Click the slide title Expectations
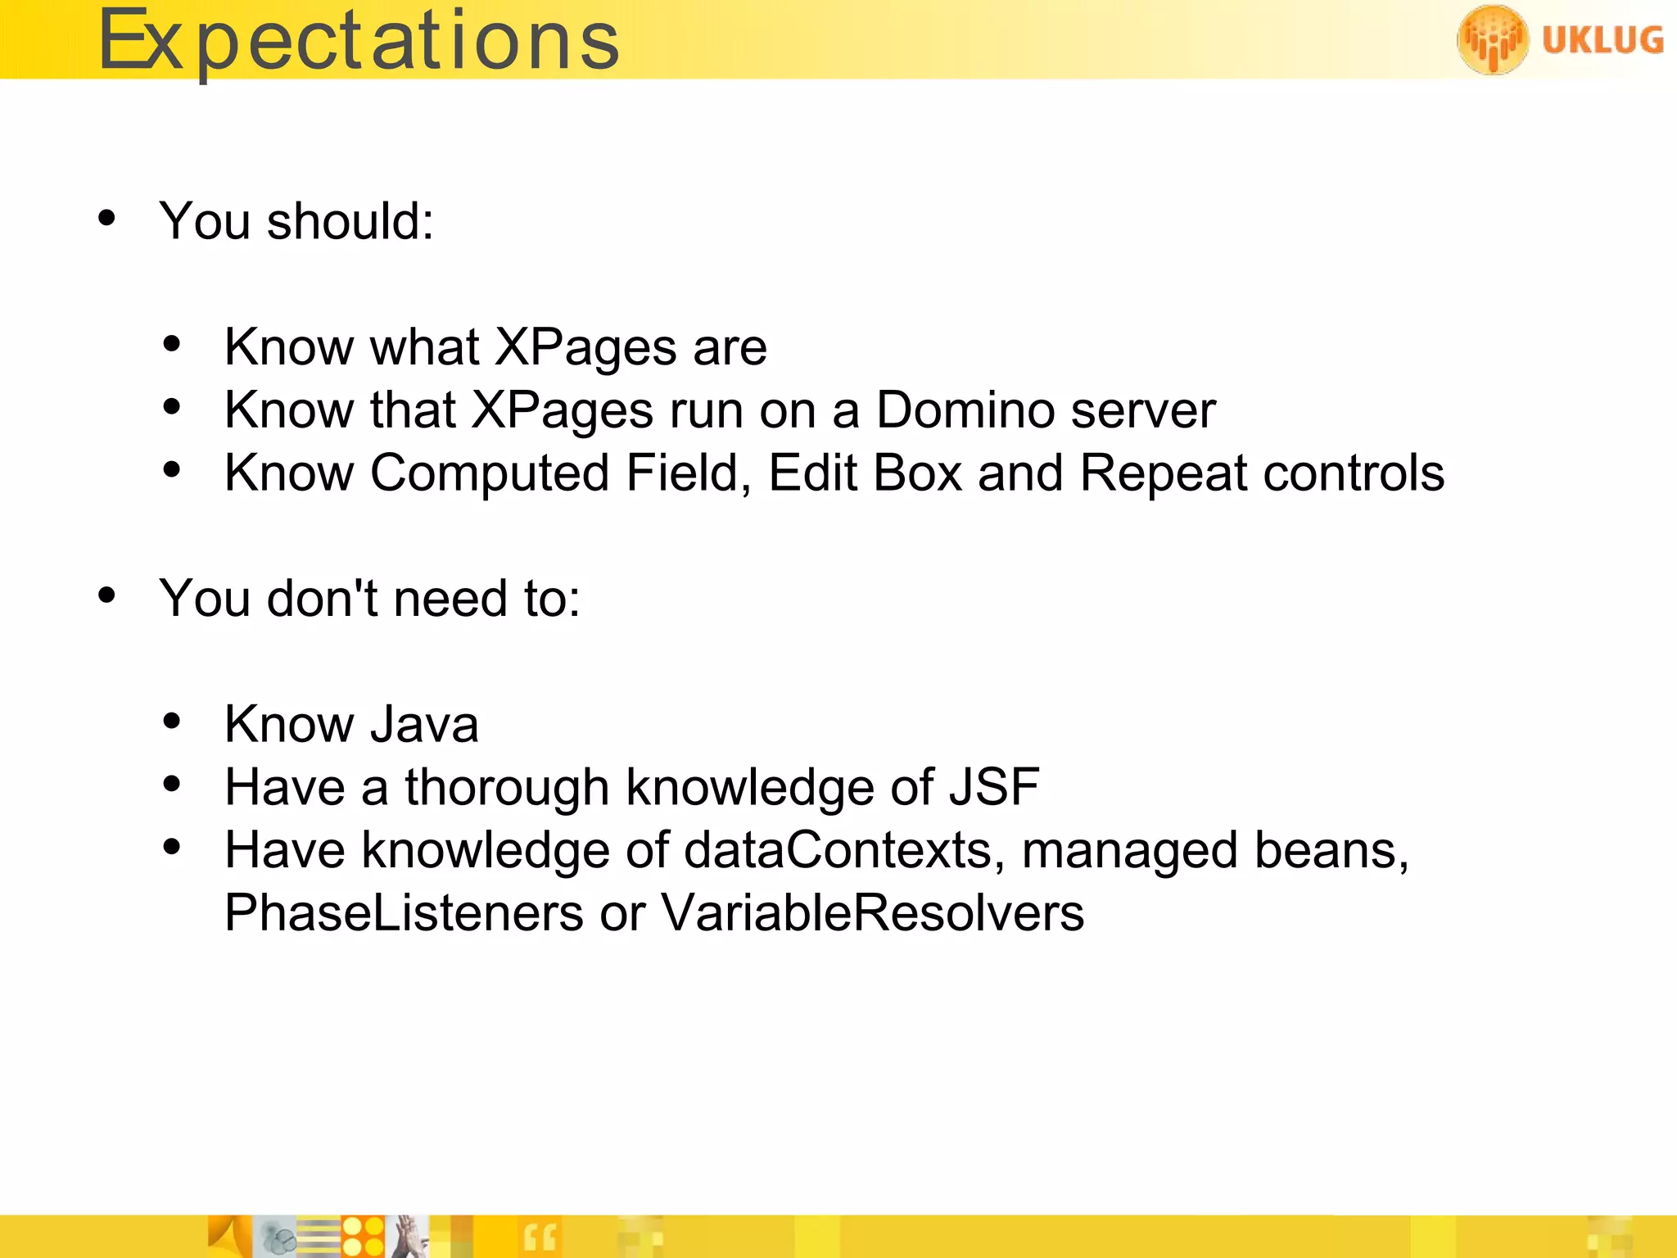click(x=358, y=41)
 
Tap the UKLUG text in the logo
click(x=1602, y=39)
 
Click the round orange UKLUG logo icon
click(x=1492, y=39)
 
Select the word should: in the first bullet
click(x=350, y=221)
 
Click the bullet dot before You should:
click(x=106, y=219)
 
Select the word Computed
click(x=490, y=474)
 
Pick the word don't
click(x=323, y=598)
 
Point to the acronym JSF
click(x=994, y=787)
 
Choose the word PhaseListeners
click(x=404, y=912)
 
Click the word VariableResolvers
click(x=872, y=912)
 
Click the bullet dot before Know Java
click(x=172, y=722)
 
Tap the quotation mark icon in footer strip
click(x=539, y=1237)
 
